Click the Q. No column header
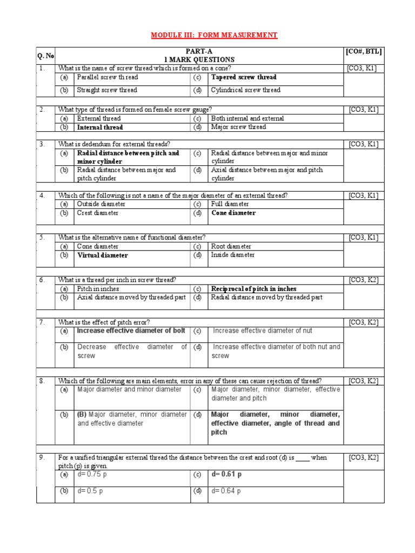45,56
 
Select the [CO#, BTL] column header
364,51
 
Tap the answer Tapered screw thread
244,77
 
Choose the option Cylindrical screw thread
246,90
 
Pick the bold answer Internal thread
100,127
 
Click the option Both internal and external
247,118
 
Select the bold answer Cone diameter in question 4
233,213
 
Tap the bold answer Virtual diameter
103,255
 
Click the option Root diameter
231,246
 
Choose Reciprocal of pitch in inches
253,289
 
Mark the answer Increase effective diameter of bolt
131,331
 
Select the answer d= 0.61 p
226,474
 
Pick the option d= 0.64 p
226,491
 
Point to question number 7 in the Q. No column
42,322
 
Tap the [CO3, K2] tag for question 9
364,457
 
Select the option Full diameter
230,204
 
